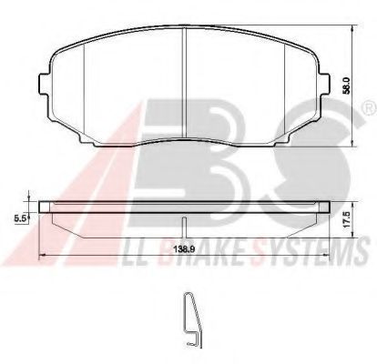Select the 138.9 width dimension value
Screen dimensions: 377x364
tap(184, 249)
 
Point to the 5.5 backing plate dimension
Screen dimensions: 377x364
tap(20, 218)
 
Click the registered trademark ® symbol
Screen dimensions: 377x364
tap(370, 108)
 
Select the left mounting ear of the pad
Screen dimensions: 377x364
tap(44, 84)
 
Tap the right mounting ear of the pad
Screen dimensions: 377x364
tap(324, 84)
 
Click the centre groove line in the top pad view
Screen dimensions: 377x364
tap(184, 83)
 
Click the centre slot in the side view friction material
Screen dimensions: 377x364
tap(184, 227)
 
